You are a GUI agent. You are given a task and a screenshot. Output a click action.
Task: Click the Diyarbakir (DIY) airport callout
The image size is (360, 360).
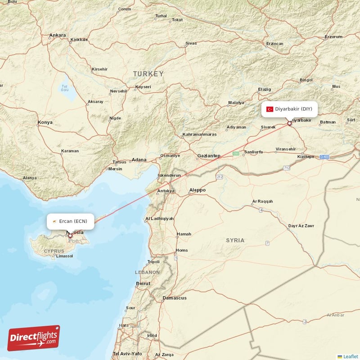(290, 109)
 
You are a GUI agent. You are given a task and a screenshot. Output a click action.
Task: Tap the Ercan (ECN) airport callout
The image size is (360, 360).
(71, 221)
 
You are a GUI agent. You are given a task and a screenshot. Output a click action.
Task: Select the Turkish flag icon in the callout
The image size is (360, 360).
(270, 109)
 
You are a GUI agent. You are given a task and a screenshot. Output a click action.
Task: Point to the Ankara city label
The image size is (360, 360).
(57, 35)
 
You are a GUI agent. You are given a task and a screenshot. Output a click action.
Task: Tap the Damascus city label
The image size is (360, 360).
(174, 298)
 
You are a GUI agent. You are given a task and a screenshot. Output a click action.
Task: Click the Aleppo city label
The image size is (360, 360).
(197, 190)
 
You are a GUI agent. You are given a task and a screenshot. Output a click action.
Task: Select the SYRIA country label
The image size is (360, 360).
(235, 240)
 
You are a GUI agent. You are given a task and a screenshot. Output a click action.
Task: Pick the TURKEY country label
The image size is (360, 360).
(148, 73)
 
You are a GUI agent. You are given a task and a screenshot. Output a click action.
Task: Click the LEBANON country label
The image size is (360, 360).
(147, 272)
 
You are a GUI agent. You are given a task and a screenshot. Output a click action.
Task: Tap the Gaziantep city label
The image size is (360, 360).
(208, 156)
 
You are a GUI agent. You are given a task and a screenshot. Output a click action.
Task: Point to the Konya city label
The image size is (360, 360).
(45, 122)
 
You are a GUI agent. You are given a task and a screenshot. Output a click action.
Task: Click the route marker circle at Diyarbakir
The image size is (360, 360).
(289, 123)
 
